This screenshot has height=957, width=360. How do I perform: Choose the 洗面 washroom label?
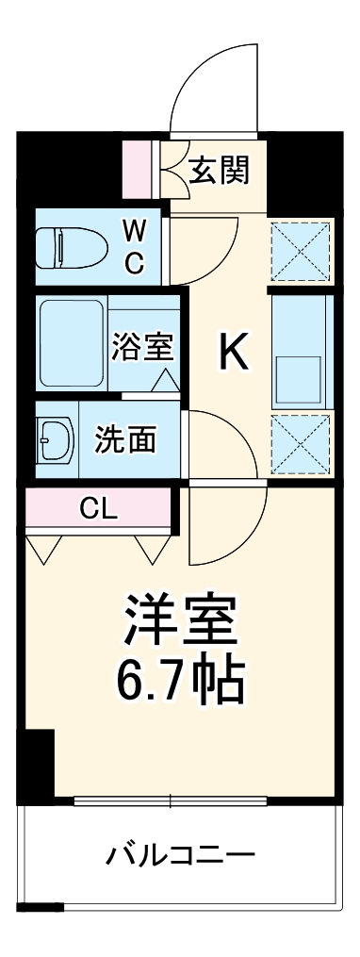point(125,439)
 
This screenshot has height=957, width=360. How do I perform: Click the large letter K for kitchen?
point(234,354)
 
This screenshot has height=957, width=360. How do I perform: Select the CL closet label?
point(98,510)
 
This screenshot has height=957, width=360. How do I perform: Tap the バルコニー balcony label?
point(181,856)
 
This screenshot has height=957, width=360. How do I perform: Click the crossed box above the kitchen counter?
point(301,251)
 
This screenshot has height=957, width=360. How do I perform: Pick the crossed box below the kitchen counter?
point(301,446)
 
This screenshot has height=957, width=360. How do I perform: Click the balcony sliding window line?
point(170,801)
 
